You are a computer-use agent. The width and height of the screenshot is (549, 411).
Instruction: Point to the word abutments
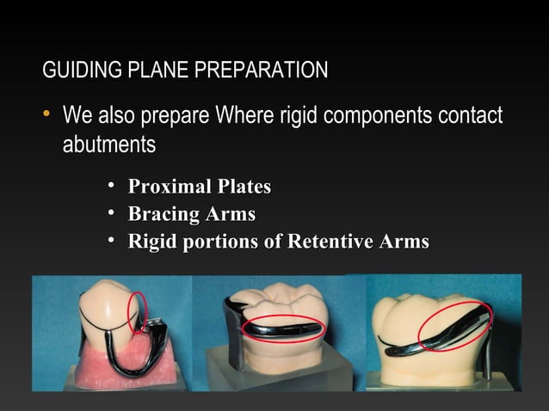[x=108, y=144]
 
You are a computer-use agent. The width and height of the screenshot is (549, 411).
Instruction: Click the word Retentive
[x=330, y=242]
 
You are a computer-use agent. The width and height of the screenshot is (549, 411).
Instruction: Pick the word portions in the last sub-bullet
[x=225, y=242]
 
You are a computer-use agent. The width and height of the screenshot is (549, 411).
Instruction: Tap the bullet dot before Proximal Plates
[x=112, y=187]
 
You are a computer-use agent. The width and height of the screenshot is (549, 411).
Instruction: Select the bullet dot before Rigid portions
[x=112, y=242]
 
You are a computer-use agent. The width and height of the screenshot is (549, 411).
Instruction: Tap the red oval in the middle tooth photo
[x=283, y=328]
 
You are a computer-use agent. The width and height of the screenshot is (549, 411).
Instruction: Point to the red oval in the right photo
[x=455, y=326]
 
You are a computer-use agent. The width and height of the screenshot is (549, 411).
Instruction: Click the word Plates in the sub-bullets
[x=244, y=187]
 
